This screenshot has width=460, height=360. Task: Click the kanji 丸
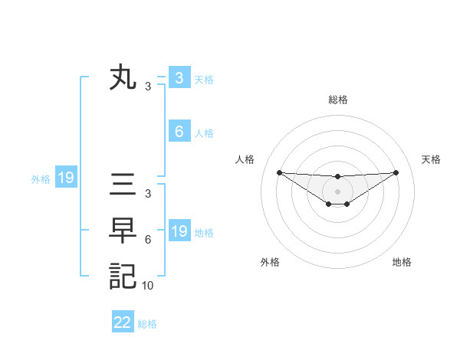(123, 78)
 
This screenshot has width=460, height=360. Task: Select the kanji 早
(123, 231)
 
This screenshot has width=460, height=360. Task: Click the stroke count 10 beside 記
(148, 286)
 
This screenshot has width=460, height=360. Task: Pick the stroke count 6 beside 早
(148, 240)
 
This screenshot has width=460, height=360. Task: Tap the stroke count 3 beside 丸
(148, 87)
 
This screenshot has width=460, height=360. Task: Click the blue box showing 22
(123, 322)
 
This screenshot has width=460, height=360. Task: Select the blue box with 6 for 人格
(179, 131)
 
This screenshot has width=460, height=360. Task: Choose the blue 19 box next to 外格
(65, 178)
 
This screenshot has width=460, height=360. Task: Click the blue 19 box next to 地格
(179, 231)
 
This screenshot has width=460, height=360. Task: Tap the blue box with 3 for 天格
(179, 77)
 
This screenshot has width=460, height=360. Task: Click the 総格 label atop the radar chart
(337, 100)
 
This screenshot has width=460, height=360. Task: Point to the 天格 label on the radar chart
(431, 159)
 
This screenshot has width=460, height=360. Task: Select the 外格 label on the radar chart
(269, 262)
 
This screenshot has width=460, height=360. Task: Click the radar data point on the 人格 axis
(279, 172)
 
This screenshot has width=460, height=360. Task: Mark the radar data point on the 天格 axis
(396, 172)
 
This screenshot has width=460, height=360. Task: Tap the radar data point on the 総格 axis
(337, 177)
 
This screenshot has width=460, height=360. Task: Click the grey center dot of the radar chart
(337, 191)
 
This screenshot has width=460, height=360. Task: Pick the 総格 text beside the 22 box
(147, 324)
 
